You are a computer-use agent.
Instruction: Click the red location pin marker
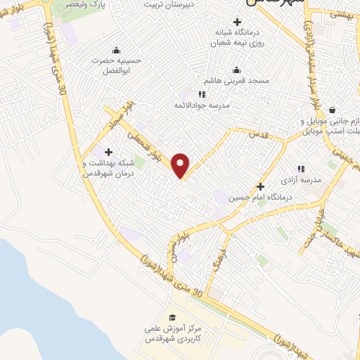(181, 165)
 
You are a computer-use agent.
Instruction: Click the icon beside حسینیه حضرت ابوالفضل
(115, 49)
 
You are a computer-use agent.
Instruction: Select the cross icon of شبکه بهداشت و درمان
(108, 152)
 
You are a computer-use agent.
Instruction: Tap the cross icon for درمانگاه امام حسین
(260, 186)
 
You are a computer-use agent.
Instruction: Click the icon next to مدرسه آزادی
(300, 169)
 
